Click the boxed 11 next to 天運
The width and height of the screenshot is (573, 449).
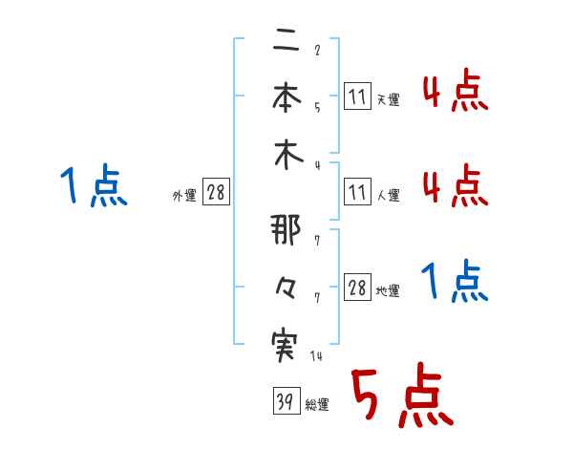(357, 96)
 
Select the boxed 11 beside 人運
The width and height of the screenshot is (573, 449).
(357, 194)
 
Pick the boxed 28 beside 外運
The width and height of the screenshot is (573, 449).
(216, 194)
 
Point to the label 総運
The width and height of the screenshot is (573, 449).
(316, 405)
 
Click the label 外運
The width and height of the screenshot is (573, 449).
(184, 196)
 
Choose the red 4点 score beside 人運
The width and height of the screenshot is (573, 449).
(455, 185)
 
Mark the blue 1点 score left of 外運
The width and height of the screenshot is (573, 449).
(94, 185)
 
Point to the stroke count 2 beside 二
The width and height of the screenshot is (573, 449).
(316, 49)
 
